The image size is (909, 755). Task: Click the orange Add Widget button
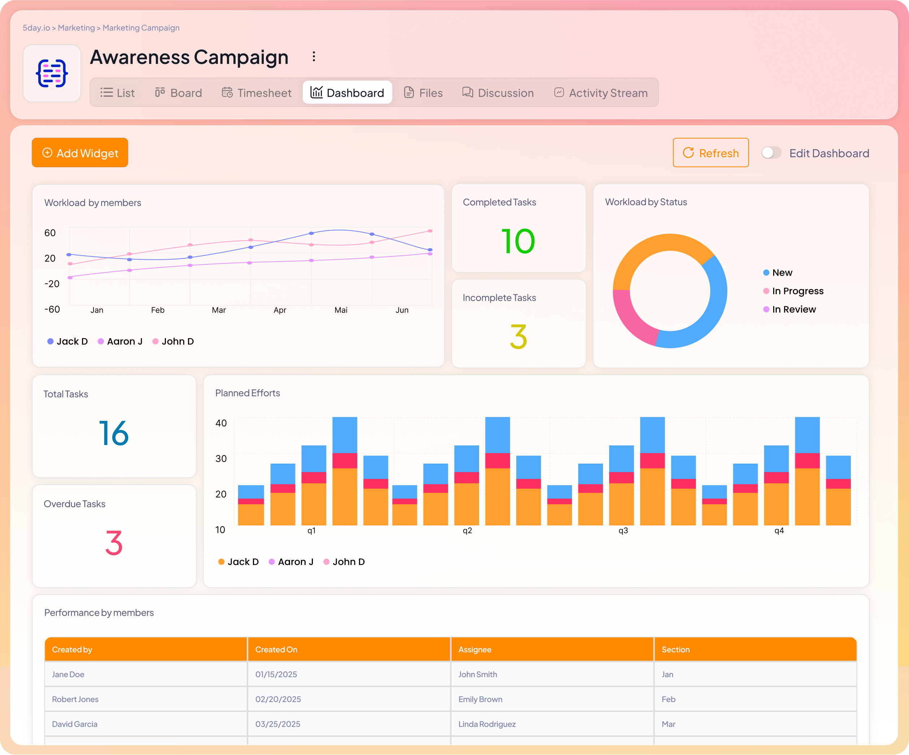[x=80, y=153]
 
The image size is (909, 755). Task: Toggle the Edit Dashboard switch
[x=771, y=153]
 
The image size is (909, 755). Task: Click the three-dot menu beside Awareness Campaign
[x=314, y=57]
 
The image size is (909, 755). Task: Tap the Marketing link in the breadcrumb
[x=76, y=28]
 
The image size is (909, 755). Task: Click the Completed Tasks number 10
[x=518, y=241]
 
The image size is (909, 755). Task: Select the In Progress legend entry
[x=797, y=291]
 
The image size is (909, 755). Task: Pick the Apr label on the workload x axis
[x=280, y=310]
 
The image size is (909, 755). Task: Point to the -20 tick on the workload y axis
[x=52, y=284]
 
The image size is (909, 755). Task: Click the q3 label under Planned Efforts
[x=623, y=531]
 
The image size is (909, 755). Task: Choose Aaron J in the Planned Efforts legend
[x=295, y=561]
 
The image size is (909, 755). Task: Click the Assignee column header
[x=475, y=650]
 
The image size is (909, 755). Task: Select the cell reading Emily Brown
[x=480, y=699]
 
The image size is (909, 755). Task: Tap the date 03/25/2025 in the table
[x=277, y=724]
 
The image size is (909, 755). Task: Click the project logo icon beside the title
[x=52, y=74]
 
